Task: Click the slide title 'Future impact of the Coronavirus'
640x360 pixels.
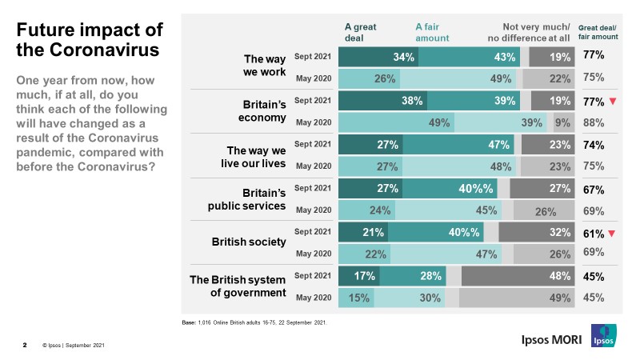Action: [90, 39]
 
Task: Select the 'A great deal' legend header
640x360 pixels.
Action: [360, 31]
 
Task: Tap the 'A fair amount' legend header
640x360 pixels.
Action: [432, 31]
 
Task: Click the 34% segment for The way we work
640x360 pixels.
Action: [378, 57]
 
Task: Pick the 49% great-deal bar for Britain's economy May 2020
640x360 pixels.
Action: [396, 122]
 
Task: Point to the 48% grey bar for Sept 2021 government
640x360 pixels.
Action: [517, 276]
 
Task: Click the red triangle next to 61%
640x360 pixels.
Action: [613, 234]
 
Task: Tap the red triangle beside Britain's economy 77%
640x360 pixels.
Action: [613, 102]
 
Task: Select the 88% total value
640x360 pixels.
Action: [593, 122]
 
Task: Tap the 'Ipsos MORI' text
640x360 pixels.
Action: [546, 339]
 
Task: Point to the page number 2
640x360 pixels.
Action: [24, 346]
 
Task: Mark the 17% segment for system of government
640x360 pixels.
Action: [359, 276]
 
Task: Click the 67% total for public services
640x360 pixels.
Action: [593, 190]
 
